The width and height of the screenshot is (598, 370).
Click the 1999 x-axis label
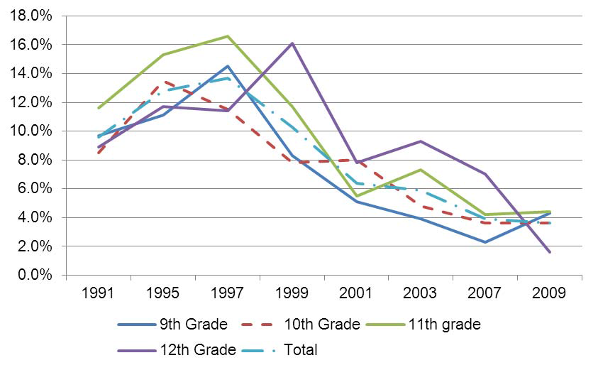[x=292, y=293]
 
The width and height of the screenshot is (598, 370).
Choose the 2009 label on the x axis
[x=550, y=293]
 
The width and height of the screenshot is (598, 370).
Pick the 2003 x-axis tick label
[x=421, y=293]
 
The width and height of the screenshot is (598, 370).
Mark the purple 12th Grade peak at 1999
[x=292, y=43]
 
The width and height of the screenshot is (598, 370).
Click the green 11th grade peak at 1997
[x=227, y=36]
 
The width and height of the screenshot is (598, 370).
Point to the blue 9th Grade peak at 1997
[x=227, y=66]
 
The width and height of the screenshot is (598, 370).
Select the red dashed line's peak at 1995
[x=162, y=82]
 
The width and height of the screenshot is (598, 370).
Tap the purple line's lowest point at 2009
[x=550, y=252]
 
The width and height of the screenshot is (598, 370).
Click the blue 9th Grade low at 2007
[x=485, y=242]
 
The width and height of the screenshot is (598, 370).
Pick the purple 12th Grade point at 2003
[x=421, y=141]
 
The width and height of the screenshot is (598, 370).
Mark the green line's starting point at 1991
[x=98, y=108]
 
